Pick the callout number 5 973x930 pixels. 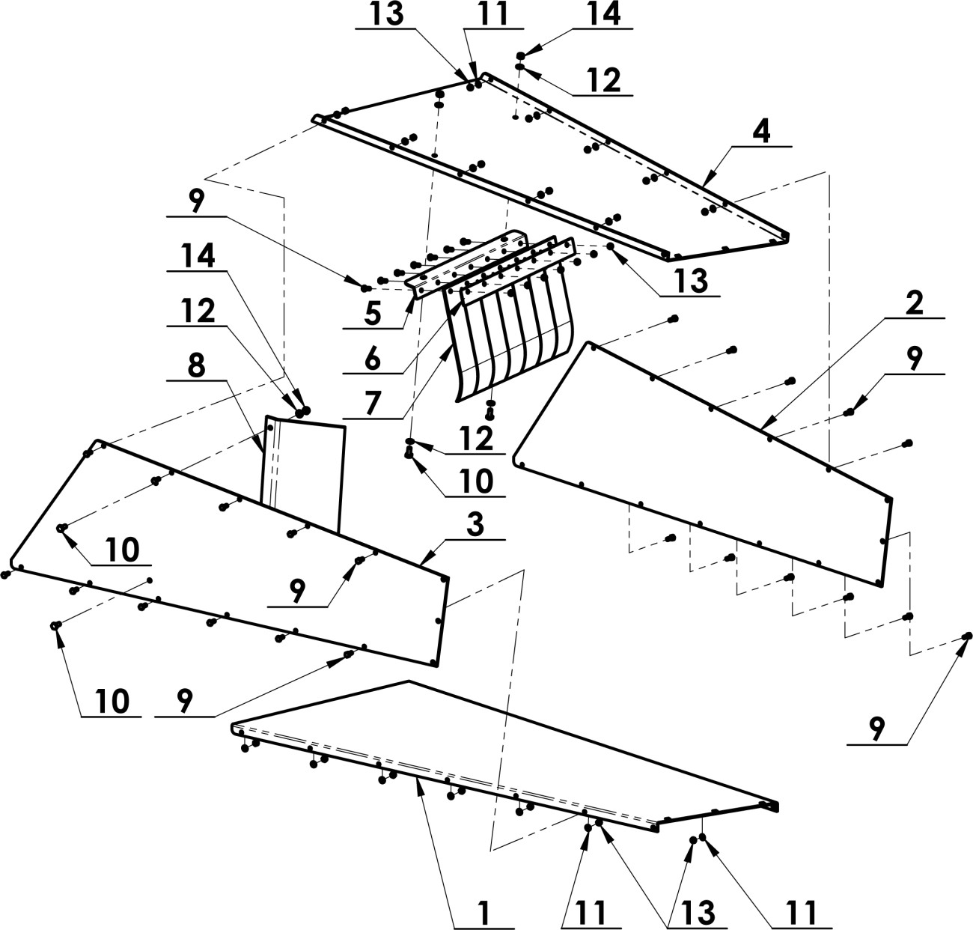click(x=373, y=314)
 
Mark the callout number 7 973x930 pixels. click(x=373, y=404)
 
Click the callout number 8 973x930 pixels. click(x=197, y=365)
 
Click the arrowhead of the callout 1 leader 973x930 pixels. click(x=418, y=785)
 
